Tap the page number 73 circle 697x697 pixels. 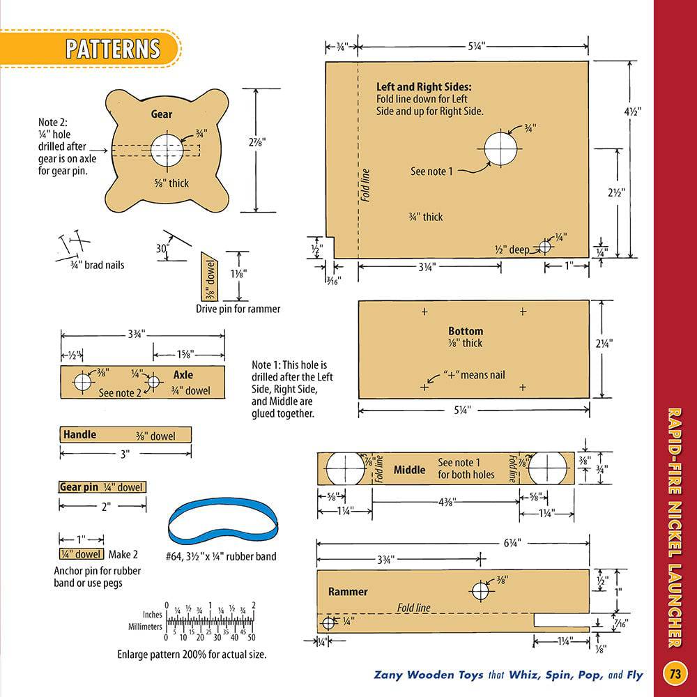click(x=675, y=674)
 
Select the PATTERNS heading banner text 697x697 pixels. click(x=113, y=49)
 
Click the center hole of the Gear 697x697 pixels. click(x=167, y=149)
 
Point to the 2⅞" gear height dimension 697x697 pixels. click(x=257, y=142)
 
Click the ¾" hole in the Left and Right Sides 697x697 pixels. click(x=500, y=148)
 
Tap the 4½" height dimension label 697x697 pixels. click(x=633, y=112)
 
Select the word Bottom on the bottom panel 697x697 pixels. click(x=466, y=331)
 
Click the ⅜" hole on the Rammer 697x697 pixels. click(x=480, y=591)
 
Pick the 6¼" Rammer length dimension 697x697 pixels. click(x=512, y=543)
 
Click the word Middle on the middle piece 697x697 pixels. click(x=409, y=470)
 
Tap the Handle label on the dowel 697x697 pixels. click(x=79, y=434)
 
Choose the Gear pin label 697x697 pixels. click(x=79, y=487)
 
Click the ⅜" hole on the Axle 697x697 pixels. click(x=82, y=382)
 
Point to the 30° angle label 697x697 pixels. click(x=162, y=249)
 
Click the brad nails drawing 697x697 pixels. click(x=73, y=245)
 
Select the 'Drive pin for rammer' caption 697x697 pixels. click(x=238, y=309)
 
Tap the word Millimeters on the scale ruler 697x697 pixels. click(x=146, y=627)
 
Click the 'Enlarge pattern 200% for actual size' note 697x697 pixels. click(x=192, y=654)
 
